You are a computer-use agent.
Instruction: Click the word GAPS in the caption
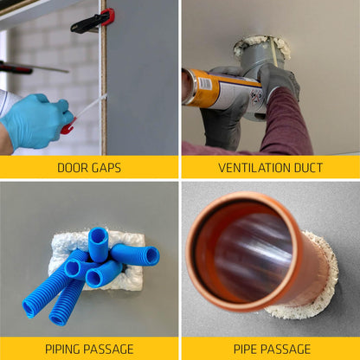[x=106, y=168]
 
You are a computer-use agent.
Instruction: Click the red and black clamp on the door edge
[x=92, y=21]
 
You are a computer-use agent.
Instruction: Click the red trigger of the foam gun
[x=67, y=129]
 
